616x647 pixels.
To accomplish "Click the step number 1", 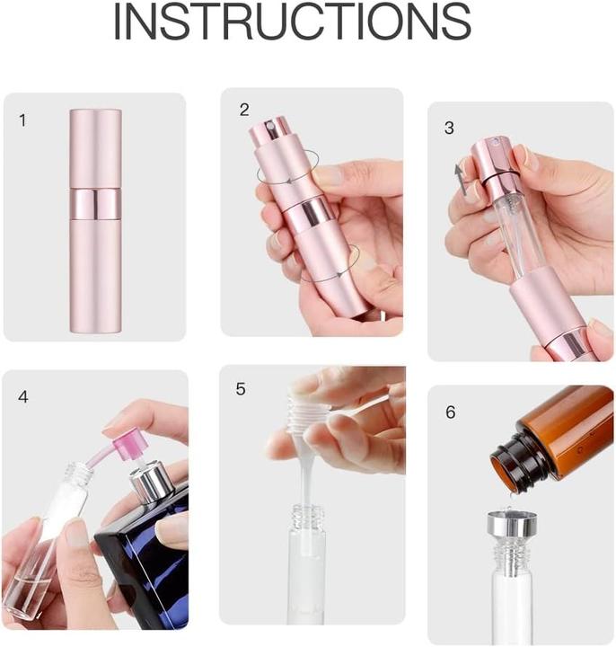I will click(x=23, y=120).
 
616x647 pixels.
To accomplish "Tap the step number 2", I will click(x=244, y=110).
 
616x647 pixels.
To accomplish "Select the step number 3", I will click(x=449, y=128).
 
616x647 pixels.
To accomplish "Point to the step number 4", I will click(x=23, y=396).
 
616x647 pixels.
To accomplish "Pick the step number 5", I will click(x=241, y=388).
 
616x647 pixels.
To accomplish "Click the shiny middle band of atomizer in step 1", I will click(x=94, y=204).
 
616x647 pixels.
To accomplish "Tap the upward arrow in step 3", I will click(x=460, y=176).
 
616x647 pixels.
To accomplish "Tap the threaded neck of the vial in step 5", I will click(x=308, y=518).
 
